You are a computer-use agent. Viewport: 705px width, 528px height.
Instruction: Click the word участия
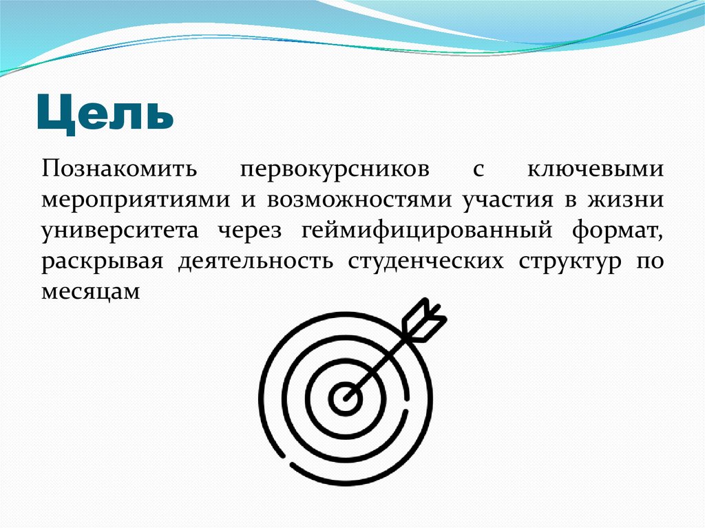pos(507,200)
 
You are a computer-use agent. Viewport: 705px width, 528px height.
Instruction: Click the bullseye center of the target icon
pos(344,397)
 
